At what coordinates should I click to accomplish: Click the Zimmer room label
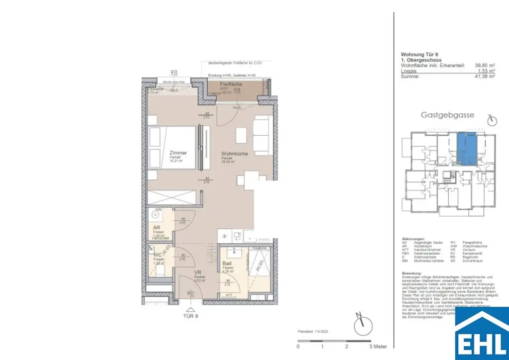(177, 153)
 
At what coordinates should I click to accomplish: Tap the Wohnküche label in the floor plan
(234, 154)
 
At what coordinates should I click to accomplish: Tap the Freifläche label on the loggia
(232, 85)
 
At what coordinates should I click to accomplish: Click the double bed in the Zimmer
(171, 149)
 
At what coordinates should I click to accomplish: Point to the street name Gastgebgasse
(447, 115)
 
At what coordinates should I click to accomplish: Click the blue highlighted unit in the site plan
(466, 148)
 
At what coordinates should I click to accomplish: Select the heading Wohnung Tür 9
(420, 55)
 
